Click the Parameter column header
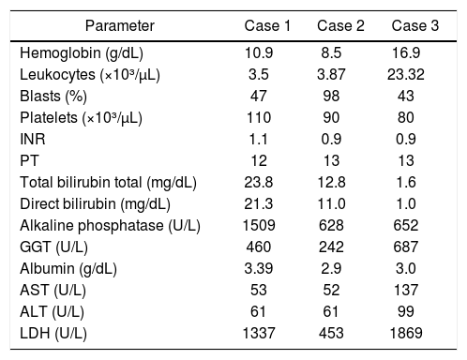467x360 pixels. tap(120, 25)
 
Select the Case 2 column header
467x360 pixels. tap(340, 25)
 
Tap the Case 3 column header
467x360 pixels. tap(415, 25)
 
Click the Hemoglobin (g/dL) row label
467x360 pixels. tap(82, 53)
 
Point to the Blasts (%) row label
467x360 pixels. tap(53, 97)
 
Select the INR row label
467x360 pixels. tap(33, 139)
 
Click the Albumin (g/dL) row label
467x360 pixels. tap(68, 269)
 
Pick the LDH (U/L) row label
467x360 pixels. tap(53, 334)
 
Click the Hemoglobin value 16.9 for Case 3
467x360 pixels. tap(406, 52)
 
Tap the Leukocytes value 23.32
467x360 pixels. tap(406, 74)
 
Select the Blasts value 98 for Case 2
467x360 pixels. tap(331, 96)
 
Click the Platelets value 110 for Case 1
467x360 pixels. tap(259, 117)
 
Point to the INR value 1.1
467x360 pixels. tap(258, 139)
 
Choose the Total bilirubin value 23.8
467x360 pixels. tap(259, 182)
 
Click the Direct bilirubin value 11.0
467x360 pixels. tap(331, 203)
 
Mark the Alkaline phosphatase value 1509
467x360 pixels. tap(259, 225)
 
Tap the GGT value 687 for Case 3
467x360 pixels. tap(406, 247)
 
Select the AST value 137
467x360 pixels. tap(406, 290)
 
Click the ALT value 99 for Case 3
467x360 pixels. tap(406, 311)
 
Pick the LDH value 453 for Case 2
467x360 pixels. tap(331, 333)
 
